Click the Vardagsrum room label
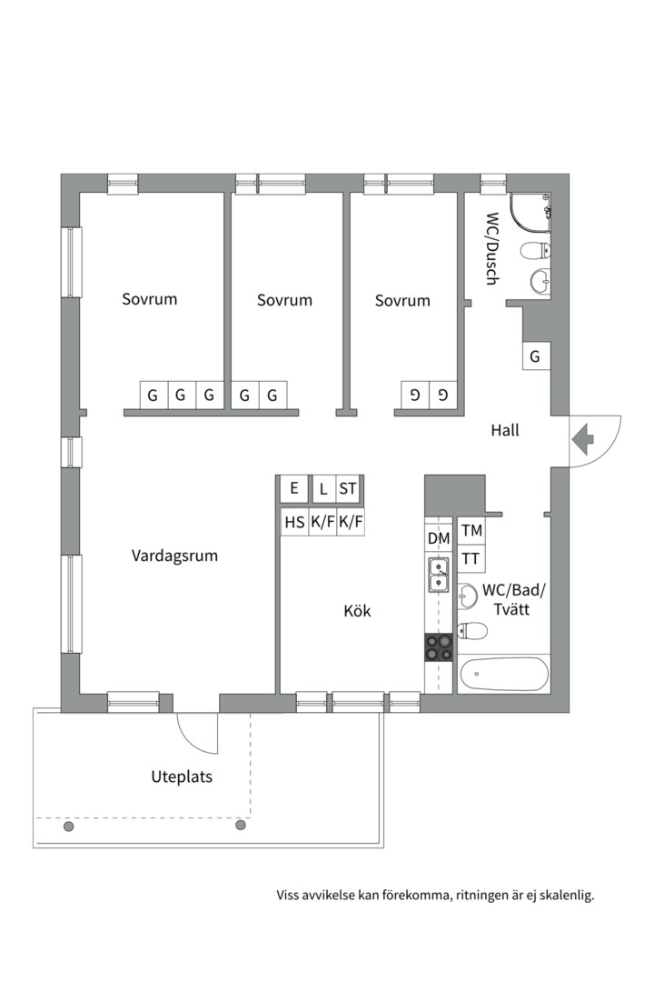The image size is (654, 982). [174, 556]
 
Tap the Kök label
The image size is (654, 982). [357, 611]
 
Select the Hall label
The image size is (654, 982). [505, 430]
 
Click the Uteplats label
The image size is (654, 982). [182, 777]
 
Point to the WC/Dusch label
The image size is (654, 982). [492, 249]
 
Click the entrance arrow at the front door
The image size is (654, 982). [582, 440]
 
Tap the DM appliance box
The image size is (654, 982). [439, 538]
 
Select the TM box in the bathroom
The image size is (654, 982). [472, 531]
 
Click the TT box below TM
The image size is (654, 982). [471, 558]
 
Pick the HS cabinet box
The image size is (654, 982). [295, 522]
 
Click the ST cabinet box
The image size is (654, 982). [348, 488]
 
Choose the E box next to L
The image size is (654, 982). [294, 488]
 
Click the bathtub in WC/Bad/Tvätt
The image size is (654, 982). [504, 674]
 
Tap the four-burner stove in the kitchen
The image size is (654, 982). [439, 647]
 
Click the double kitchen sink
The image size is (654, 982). [439, 575]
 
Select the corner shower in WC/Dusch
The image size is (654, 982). [530, 215]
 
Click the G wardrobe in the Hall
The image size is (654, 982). [536, 356]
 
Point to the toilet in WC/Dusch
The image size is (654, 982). [536, 251]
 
